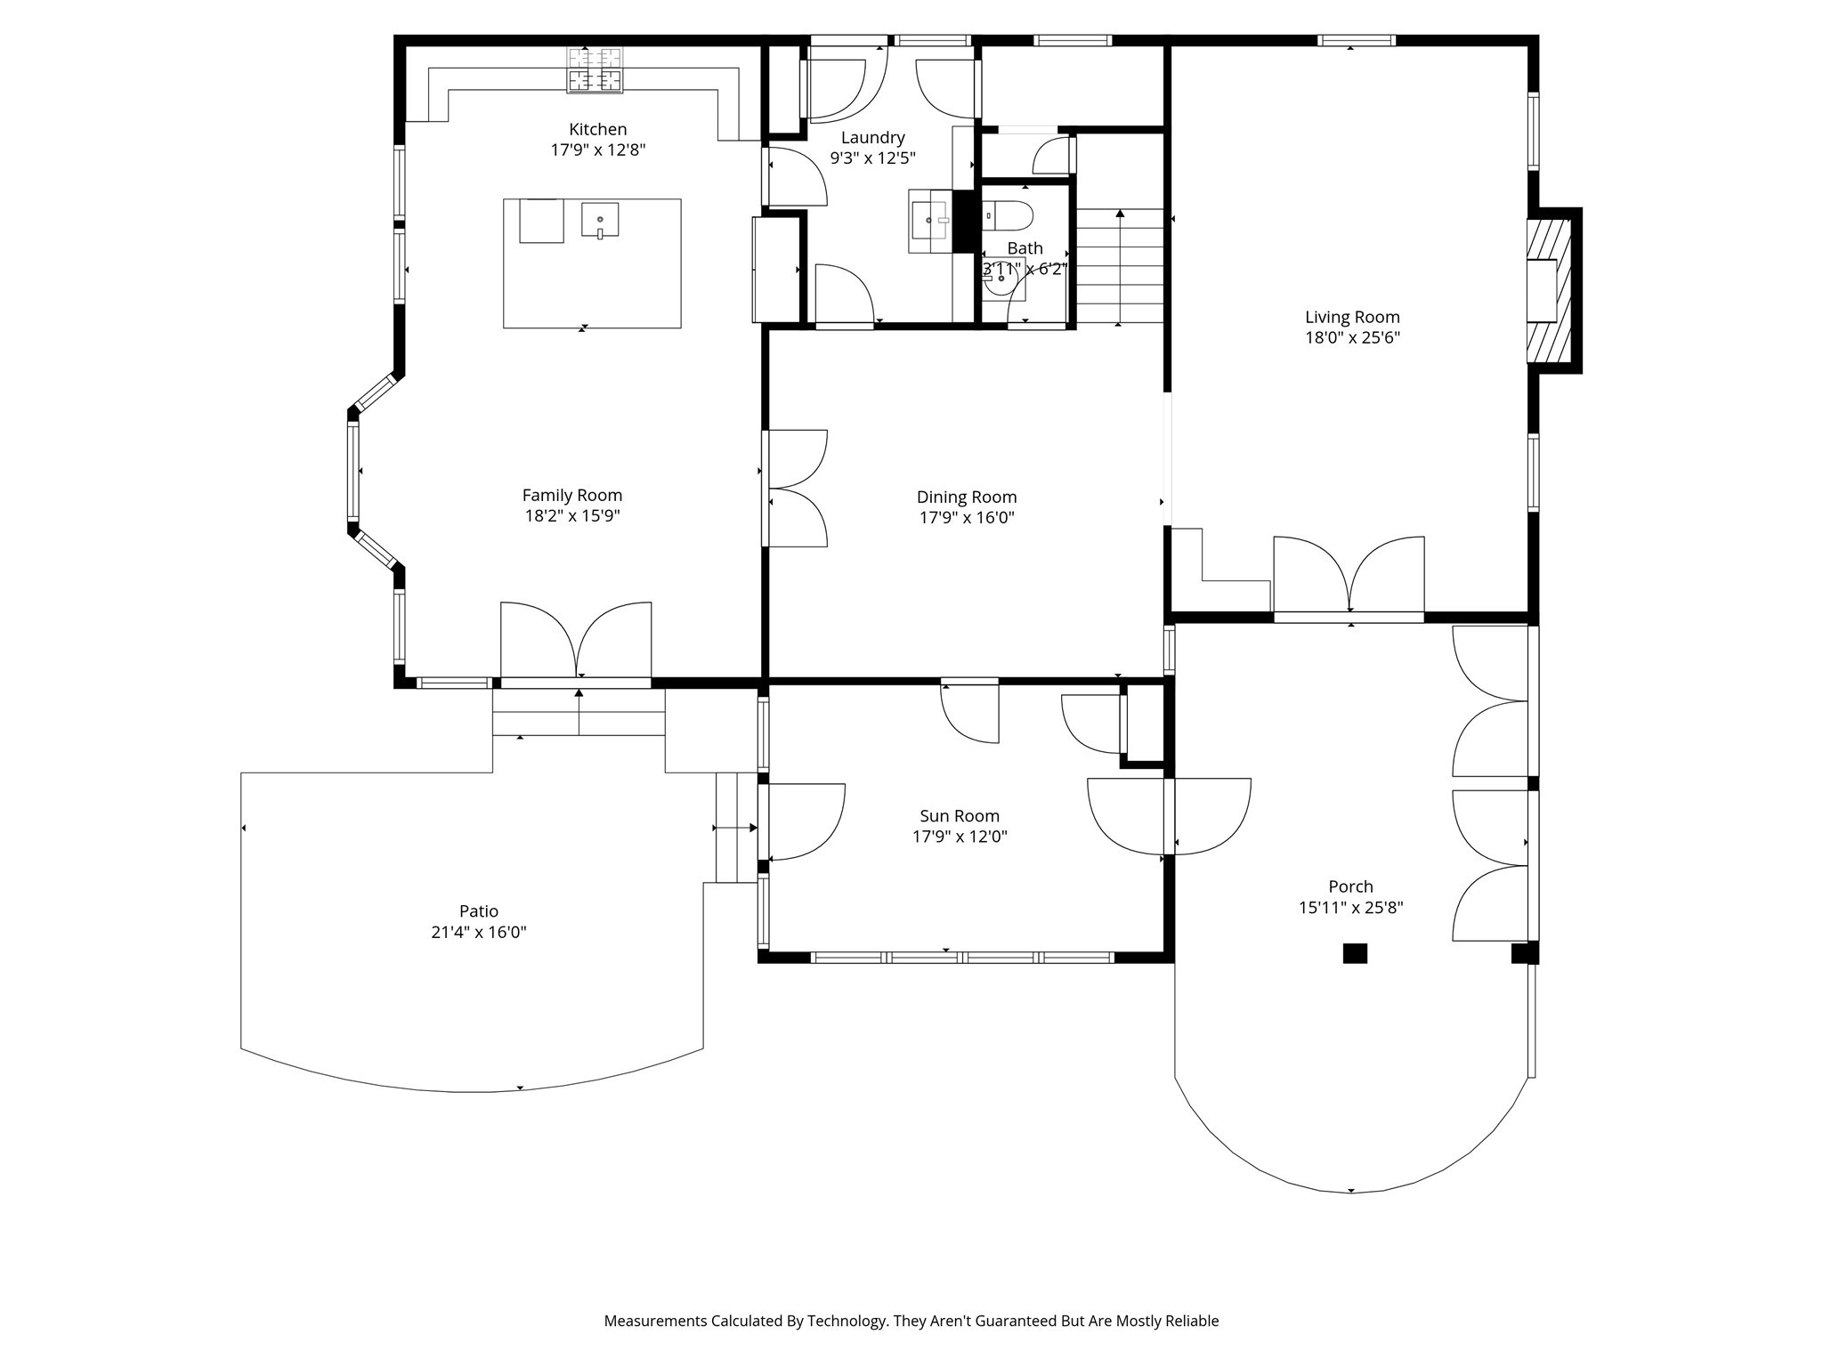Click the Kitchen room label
(597, 130)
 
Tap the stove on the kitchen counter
(595, 69)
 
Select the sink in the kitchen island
(600, 220)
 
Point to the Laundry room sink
(930, 221)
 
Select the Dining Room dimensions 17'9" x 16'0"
(967, 517)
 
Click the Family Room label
(572, 496)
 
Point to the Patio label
(479, 911)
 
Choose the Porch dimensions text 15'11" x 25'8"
(1350, 908)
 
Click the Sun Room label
(960, 816)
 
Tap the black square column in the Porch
(1355, 953)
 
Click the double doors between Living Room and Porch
(1349, 576)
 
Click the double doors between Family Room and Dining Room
(795, 488)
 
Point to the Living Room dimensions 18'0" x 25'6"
(1352, 337)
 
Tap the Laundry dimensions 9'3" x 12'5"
(873, 158)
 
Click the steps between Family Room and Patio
(579, 713)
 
